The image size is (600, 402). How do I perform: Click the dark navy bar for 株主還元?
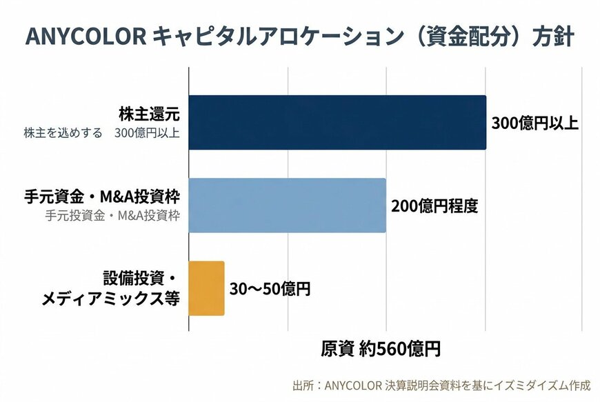(x=337, y=123)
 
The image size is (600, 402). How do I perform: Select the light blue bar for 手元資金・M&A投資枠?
(x=287, y=205)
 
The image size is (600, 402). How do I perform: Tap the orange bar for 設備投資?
(x=206, y=288)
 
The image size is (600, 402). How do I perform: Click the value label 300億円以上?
(x=534, y=123)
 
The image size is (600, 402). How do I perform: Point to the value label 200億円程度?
(x=434, y=206)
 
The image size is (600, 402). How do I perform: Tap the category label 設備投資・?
(x=140, y=279)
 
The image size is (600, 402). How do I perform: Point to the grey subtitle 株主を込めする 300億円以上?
(x=101, y=132)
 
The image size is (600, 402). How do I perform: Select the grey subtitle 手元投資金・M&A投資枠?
(x=112, y=216)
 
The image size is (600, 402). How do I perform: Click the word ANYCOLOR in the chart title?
(x=84, y=37)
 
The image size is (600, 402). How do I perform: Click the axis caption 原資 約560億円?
(x=380, y=349)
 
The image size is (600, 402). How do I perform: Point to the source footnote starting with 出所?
(x=441, y=385)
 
